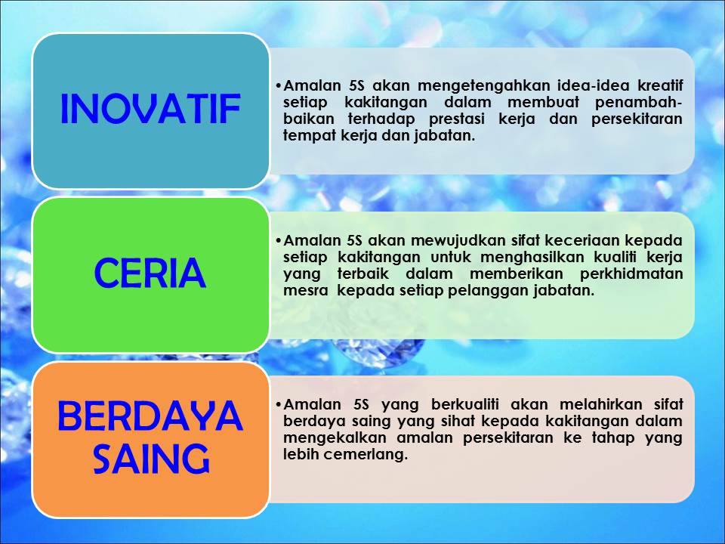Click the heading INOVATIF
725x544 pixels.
[150, 109]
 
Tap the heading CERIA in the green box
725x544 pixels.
[150, 273]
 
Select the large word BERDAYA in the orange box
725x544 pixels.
[150, 416]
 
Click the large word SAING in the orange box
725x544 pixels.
[151, 459]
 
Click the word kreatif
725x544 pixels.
[660, 85]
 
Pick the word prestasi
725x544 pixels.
[457, 119]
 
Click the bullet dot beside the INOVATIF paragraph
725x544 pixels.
[278, 86]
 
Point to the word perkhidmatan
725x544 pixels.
[631, 274]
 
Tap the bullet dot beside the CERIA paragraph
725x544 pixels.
[278, 242]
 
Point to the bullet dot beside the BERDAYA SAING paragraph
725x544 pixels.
[278, 406]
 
